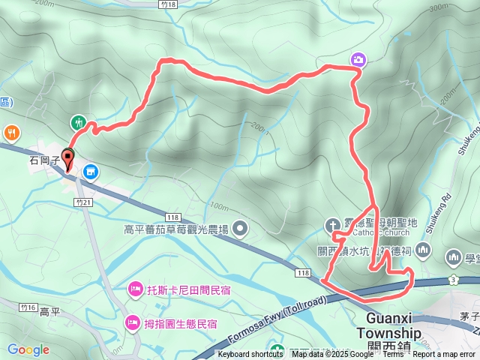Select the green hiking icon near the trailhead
[78, 122]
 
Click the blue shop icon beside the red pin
[91, 172]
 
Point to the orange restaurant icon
[12, 133]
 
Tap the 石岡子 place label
[44, 160]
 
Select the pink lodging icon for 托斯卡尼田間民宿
[135, 287]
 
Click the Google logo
[28, 349]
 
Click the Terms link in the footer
[393, 355]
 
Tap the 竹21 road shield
[83, 202]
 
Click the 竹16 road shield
[28, 307]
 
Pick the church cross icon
[332, 225]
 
